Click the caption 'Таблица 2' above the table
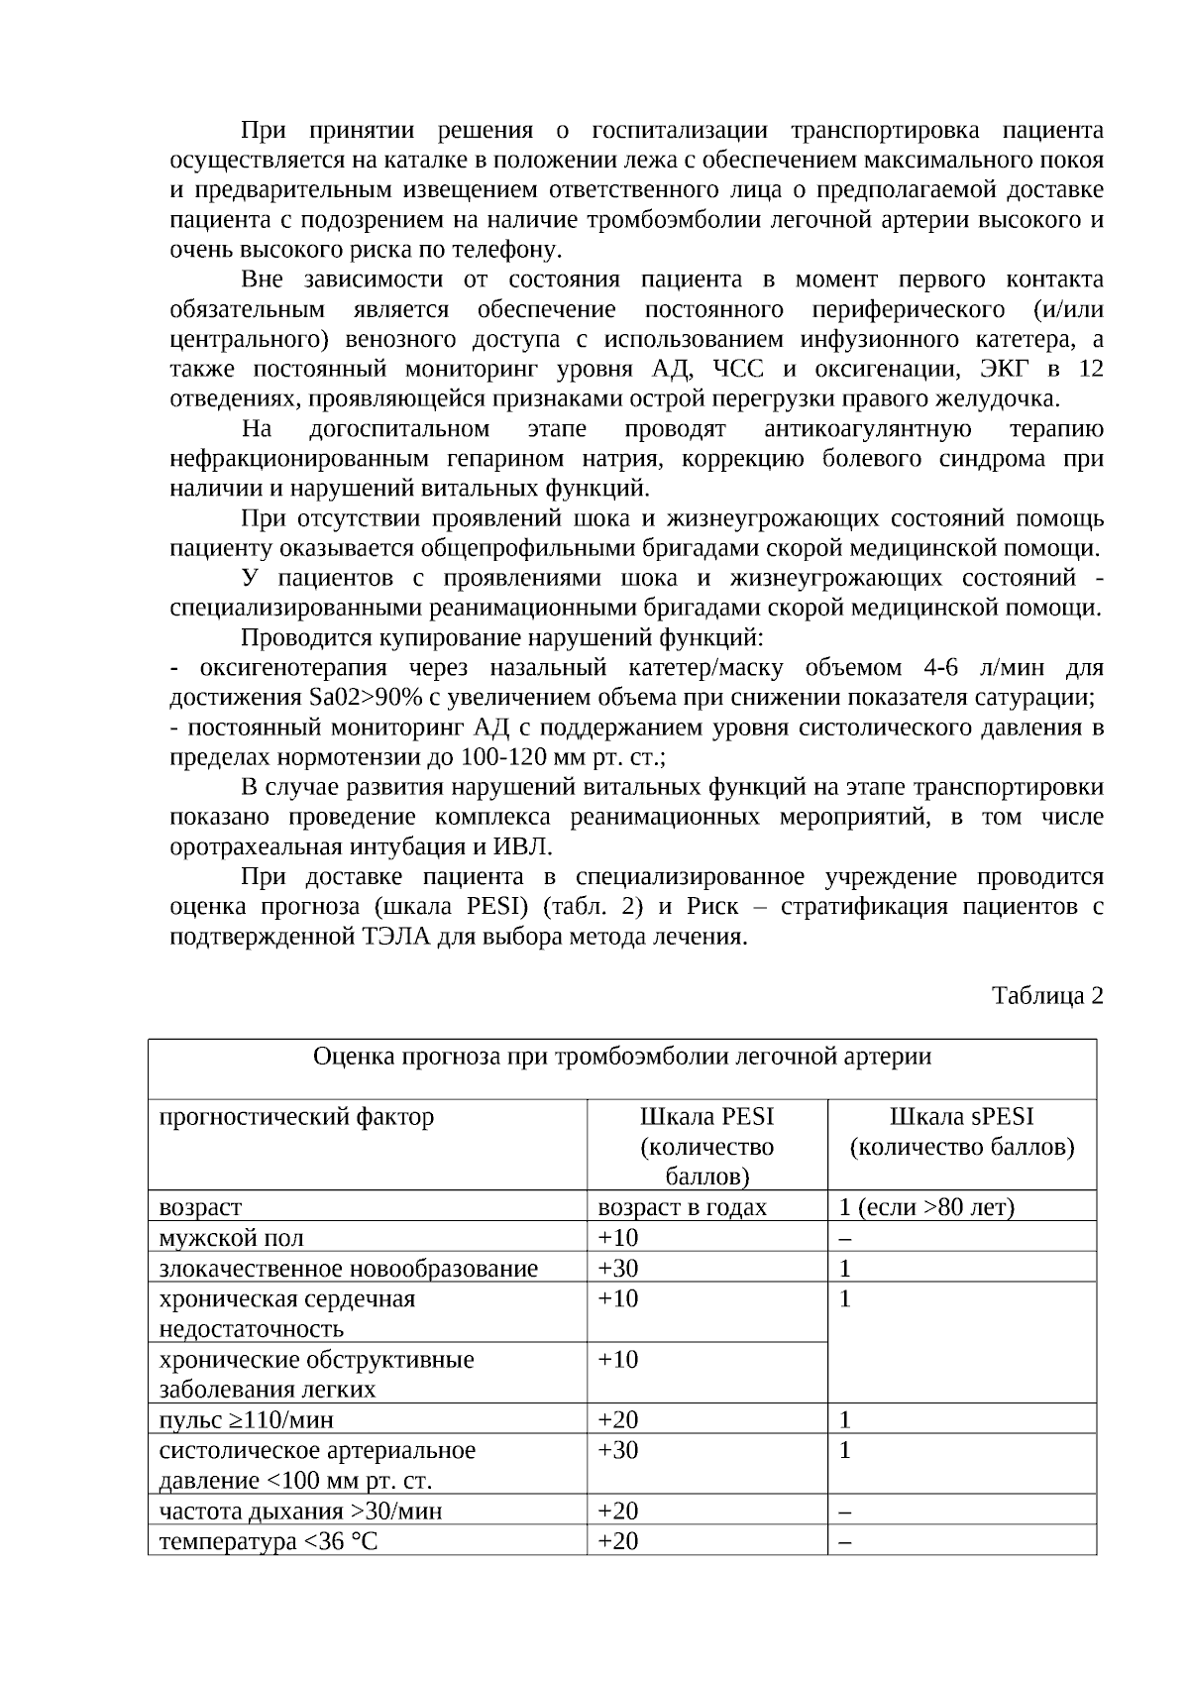(x=1047, y=995)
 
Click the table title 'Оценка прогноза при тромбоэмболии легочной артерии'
(x=622, y=1057)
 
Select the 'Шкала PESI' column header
(x=706, y=1117)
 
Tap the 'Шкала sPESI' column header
(x=961, y=1117)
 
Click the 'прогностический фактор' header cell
(x=296, y=1117)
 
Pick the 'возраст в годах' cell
(x=682, y=1207)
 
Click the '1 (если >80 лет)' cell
(x=925, y=1207)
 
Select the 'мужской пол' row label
(x=232, y=1238)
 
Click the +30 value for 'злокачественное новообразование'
(x=618, y=1269)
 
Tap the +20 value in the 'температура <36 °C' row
(x=618, y=1541)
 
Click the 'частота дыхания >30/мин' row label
(x=300, y=1511)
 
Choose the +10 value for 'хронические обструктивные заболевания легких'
(x=618, y=1359)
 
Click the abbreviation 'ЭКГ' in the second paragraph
(x=1005, y=369)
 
